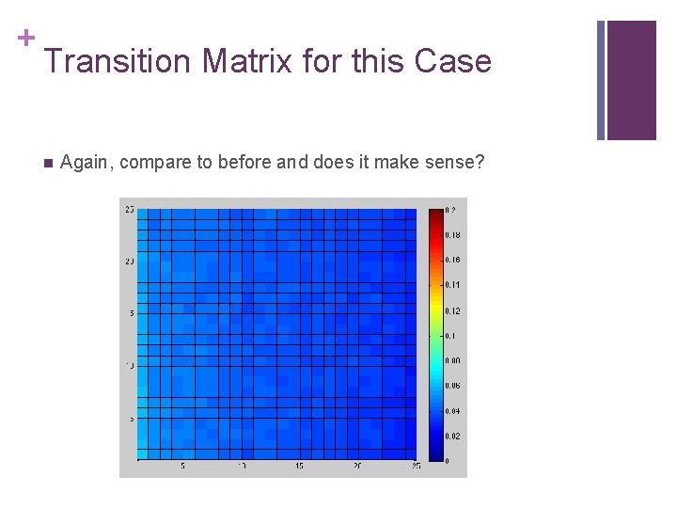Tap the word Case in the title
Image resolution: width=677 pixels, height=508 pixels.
(454, 62)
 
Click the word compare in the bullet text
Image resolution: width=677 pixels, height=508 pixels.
(154, 163)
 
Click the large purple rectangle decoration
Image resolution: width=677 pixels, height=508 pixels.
(631, 80)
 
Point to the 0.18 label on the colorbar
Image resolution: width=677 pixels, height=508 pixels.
(452, 234)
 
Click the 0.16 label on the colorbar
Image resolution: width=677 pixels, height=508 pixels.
(452, 260)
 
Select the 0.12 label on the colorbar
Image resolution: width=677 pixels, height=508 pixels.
(452, 310)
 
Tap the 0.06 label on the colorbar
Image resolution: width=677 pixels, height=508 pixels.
(452, 386)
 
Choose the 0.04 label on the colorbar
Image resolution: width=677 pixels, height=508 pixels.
(452, 411)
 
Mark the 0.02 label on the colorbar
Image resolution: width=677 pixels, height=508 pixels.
(452, 437)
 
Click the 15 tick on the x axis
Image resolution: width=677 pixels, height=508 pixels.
(300, 467)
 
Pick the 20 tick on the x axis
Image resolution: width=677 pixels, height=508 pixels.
(357, 467)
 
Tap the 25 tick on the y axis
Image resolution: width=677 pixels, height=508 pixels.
(129, 209)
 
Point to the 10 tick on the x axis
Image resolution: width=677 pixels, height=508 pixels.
(242, 467)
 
